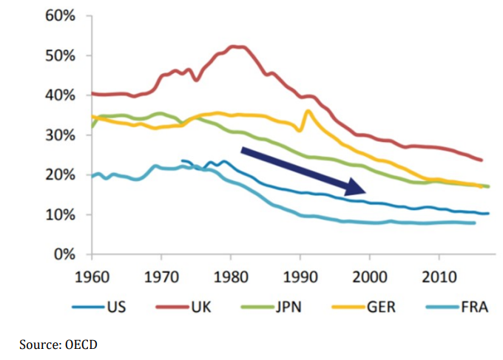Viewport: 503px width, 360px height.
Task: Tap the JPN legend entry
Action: (290, 305)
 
